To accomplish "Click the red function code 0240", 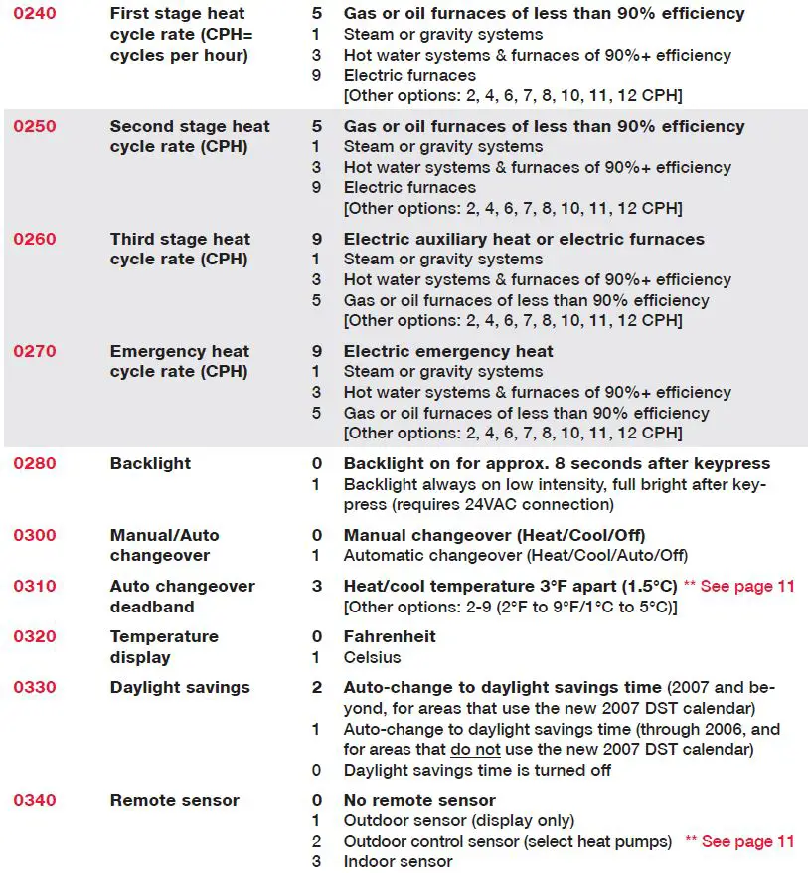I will point(34,14).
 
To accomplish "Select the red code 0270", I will point(34,351).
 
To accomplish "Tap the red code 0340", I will point(34,800).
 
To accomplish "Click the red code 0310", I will point(34,586).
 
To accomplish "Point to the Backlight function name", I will point(150,463).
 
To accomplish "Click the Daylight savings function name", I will point(180,687).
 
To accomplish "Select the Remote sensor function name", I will point(174,800).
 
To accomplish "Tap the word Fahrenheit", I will point(390,636).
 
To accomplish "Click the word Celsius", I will point(372,657).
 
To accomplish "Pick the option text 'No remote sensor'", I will point(419,800).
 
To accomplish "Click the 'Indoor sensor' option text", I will point(398,861).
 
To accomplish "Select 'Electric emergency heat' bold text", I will point(448,351).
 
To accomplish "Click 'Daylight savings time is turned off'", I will point(477,770).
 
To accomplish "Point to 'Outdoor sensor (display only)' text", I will point(459,820).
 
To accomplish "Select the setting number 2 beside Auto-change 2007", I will point(317,687).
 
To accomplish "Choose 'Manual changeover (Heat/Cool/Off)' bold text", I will point(491,535).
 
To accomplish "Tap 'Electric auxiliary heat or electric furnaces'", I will point(524,239).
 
